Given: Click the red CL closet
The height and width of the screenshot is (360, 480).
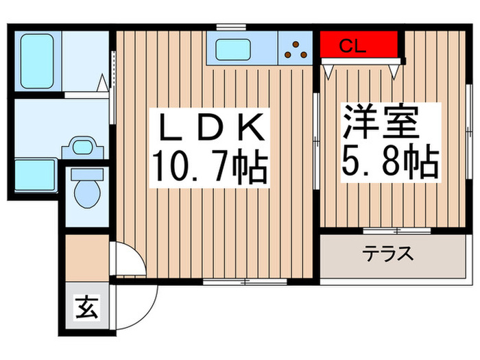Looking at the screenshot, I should tap(360, 47).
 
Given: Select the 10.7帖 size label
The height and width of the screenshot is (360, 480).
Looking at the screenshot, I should tap(208, 169).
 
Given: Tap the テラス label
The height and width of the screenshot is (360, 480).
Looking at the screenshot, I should tap(388, 254).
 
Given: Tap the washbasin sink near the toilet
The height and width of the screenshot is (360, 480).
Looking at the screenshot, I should tap(84, 147).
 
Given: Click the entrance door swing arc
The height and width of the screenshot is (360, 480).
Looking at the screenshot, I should tap(141, 288).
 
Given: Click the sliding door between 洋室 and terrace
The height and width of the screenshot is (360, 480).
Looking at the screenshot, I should tap(397, 230).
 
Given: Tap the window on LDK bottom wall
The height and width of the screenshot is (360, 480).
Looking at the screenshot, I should tap(245, 282).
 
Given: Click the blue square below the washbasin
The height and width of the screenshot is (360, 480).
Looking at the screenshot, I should tap(35, 174).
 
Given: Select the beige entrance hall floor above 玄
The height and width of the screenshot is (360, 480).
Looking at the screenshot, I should tap(87, 256).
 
